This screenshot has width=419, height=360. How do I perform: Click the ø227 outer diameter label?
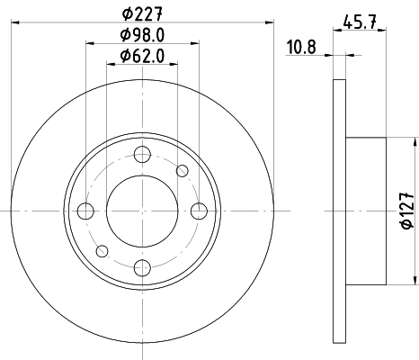click(141, 13)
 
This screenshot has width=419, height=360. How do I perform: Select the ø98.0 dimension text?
click(141, 35)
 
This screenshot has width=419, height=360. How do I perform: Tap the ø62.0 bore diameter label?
click(141, 57)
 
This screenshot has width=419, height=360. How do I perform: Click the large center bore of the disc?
click(141, 210)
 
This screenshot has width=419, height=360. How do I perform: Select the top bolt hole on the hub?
click(141, 154)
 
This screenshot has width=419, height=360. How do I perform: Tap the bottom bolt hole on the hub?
click(141, 266)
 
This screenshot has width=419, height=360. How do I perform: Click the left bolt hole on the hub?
click(85, 211)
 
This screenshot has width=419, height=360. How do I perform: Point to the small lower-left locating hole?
click(102, 250)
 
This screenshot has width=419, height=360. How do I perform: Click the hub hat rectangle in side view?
click(366, 210)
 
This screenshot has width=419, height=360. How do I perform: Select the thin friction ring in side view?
click(339, 210)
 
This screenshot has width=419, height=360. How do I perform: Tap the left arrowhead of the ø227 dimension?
click(17, 22)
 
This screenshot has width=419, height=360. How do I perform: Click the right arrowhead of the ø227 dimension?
click(267, 22)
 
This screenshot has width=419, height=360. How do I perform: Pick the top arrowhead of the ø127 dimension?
click(415, 142)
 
